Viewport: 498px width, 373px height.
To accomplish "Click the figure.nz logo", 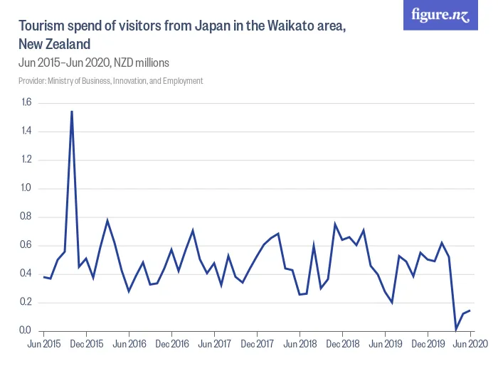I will pyautogui.click(x=440, y=15).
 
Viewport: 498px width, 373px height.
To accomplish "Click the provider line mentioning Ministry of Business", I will pyautogui.click(x=110, y=81).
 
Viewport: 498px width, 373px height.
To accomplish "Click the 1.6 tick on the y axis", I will pyautogui.click(x=26, y=102).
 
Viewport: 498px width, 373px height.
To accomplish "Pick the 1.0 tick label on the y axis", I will pyautogui.click(x=26, y=188).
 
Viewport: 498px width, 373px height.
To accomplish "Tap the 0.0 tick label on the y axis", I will pyautogui.click(x=26, y=330).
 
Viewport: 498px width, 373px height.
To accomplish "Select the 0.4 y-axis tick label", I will pyautogui.click(x=26, y=274).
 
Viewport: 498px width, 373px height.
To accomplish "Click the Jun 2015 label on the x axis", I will pyautogui.click(x=43, y=344).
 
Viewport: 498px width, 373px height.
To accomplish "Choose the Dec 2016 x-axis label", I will pyautogui.click(x=171, y=344).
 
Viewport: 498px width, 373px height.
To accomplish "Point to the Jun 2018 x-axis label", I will pyautogui.click(x=300, y=344).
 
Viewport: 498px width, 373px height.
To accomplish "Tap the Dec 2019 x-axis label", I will pyautogui.click(x=428, y=344).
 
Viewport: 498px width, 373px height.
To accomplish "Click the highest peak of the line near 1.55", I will pyautogui.click(x=72, y=111).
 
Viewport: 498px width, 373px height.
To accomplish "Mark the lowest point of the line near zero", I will pyautogui.click(x=456, y=328).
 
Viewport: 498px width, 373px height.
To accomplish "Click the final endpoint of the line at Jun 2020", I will pyautogui.click(x=470, y=310).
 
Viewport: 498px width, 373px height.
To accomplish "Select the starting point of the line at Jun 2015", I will pyautogui.click(x=43, y=276).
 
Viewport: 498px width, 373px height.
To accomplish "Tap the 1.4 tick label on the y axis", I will pyautogui.click(x=26, y=131).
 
